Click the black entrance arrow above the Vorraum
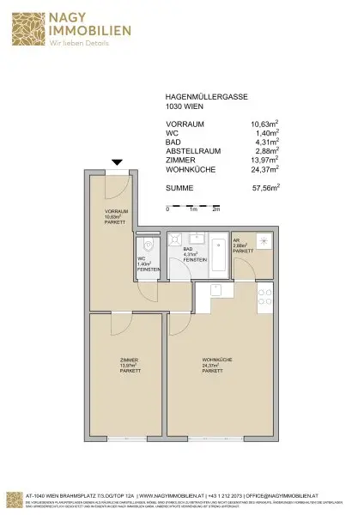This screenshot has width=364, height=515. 118,162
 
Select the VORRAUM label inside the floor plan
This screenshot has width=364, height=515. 117,215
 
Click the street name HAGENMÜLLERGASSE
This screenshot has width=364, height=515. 201,97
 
